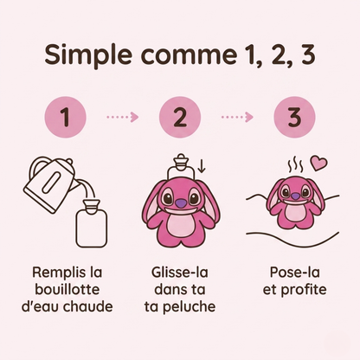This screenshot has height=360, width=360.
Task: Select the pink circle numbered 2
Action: [179, 116]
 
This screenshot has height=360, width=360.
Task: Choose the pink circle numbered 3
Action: [293, 116]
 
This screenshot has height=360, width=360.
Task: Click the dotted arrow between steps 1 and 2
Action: [122, 117]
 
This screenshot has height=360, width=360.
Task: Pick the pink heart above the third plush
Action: [319, 162]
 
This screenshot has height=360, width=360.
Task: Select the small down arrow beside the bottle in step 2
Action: [202, 165]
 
